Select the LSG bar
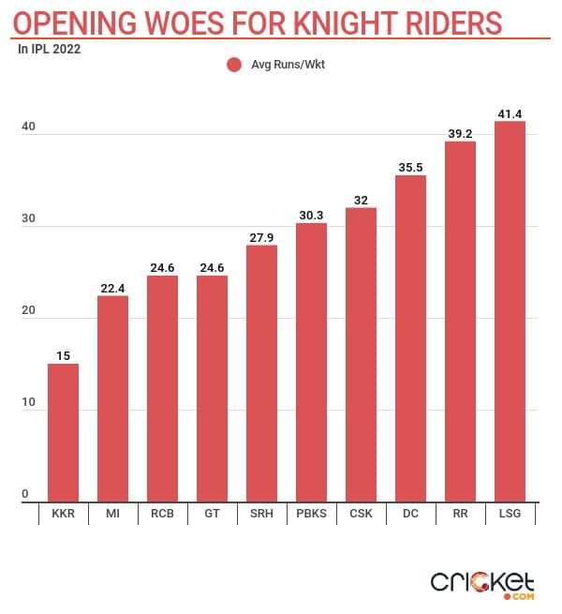(510, 311)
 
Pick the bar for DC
(410, 337)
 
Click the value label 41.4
(510, 112)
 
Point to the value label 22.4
(112, 288)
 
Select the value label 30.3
(311, 215)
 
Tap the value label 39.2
(460, 133)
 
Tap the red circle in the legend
(234, 65)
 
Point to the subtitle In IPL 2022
(50, 50)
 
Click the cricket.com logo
(481, 583)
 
